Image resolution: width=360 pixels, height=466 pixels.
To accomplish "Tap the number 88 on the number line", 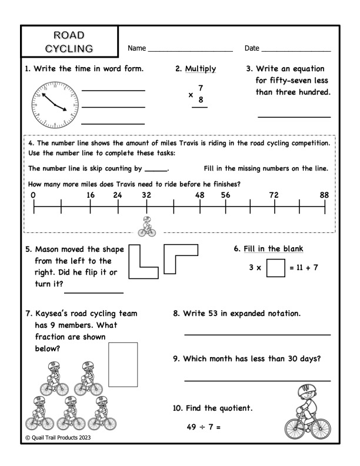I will click(324, 195).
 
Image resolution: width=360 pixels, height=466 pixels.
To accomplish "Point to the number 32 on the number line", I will click(146, 195).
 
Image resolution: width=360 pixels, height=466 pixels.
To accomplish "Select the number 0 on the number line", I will click(34, 195).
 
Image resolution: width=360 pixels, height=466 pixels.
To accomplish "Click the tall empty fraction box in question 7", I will click(123, 364).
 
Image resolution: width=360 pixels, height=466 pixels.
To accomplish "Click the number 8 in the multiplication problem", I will click(201, 100).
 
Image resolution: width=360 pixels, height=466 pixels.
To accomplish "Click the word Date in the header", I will click(251, 47).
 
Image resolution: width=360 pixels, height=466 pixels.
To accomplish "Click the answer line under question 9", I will click(257, 381).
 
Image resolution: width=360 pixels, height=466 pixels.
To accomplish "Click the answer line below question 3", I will click(294, 117).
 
